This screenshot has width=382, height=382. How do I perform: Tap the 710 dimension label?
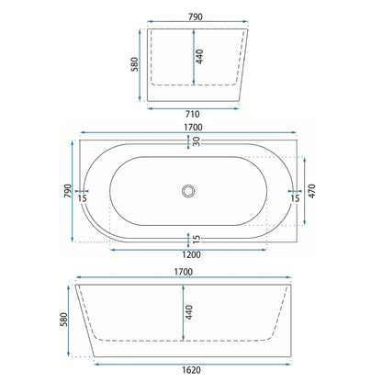click(x=193, y=114)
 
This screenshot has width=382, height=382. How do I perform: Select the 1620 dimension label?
click(x=191, y=370)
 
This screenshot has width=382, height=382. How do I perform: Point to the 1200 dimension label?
click(x=191, y=254)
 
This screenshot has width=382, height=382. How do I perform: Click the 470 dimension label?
click(x=311, y=191)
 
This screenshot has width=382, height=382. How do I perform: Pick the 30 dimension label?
click(x=197, y=141)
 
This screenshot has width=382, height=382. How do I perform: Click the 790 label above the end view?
click(x=196, y=17)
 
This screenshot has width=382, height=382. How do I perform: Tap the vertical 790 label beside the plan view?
click(x=68, y=191)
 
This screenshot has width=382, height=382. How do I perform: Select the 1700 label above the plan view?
click(x=193, y=127)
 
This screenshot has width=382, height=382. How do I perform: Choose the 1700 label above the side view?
click(x=184, y=272)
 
